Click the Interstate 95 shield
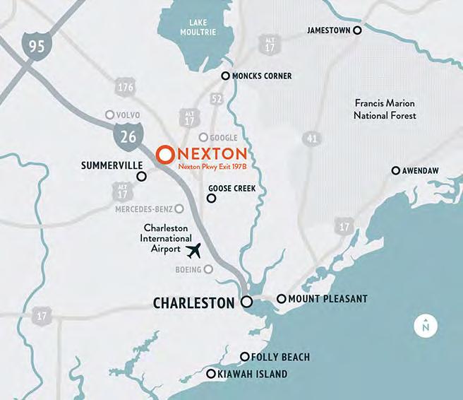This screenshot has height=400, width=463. point(36,48)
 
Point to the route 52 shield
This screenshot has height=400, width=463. point(216,98)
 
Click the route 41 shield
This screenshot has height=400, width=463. point(312,139)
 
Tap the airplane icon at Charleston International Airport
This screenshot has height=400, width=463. point(194,250)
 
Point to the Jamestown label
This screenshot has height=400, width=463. point(329,30)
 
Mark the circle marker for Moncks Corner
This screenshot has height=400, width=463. point(226,76)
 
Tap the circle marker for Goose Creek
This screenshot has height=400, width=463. point(210,199)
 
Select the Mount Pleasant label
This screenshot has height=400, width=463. point(327,299)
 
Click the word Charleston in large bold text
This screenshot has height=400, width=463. point(193,303)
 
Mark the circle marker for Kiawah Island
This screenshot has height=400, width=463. point(210,375)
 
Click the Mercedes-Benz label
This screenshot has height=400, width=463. point(143,209)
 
